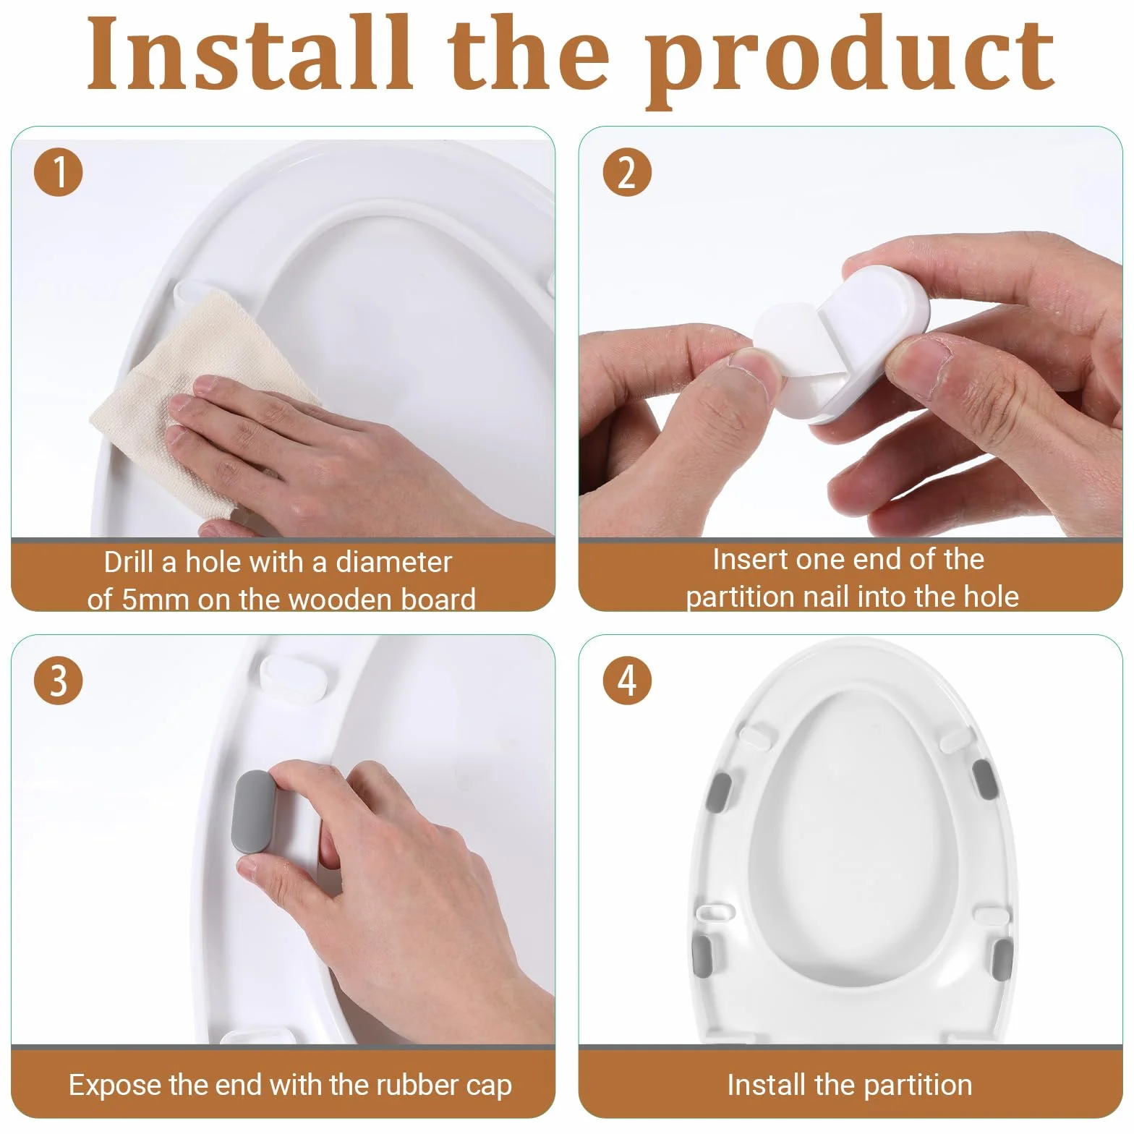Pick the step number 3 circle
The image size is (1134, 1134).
pos(59,681)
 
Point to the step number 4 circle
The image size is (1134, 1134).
pos(627,681)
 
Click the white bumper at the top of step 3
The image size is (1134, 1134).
pos(297,675)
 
